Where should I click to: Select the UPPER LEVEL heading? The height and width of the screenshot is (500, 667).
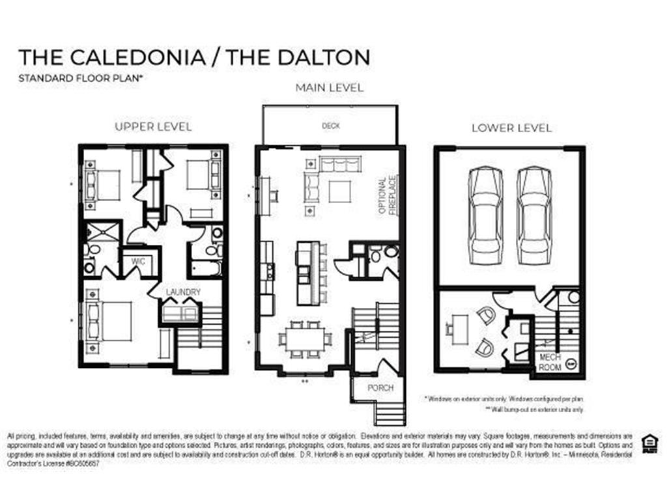pyautogui.click(x=153, y=126)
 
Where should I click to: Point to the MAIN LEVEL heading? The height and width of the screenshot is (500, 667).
pyautogui.click(x=330, y=87)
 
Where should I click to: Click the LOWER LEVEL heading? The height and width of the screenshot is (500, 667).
pyautogui.click(x=511, y=128)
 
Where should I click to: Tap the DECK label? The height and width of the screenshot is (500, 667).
pyautogui.click(x=331, y=126)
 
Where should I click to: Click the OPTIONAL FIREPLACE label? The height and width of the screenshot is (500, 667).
pyautogui.click(x=387, y=196)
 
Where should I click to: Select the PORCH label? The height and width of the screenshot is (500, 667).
pyautogui.click(x=380, y=388)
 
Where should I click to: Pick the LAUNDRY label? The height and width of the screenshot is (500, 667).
pyautogui.click(x=182, y=292)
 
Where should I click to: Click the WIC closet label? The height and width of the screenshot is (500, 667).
pyautogui.click(x=137, y=262)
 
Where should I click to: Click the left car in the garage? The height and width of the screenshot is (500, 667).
pyautogui.click(x=485, y=215)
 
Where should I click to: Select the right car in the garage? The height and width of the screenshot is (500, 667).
pyautogui.click(x=534, y=215)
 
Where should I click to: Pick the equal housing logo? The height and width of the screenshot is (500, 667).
pyautogui.click(x=649, y=443)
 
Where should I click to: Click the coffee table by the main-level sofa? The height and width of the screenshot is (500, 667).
pyautogui.click(x=340, y=191)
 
